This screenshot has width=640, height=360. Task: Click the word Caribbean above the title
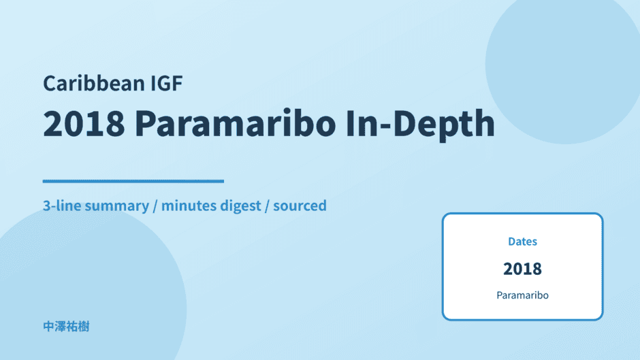94,83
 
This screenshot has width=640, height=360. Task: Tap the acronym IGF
167,83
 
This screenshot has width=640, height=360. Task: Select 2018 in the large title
84,123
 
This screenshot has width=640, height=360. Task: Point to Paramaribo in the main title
235,123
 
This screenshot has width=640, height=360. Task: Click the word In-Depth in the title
420,124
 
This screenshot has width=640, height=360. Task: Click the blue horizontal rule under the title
133,181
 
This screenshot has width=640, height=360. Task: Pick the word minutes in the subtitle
189,206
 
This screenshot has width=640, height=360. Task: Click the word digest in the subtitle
240,206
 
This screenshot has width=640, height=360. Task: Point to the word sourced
300,206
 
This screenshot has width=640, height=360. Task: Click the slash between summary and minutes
155,206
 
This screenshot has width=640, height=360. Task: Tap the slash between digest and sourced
267,206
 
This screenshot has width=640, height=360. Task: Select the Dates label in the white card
522,242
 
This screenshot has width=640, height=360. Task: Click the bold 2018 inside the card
522,269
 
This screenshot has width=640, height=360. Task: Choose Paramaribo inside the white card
522,295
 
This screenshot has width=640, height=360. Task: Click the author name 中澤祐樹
66,327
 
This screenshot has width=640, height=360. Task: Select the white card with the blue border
522,267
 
